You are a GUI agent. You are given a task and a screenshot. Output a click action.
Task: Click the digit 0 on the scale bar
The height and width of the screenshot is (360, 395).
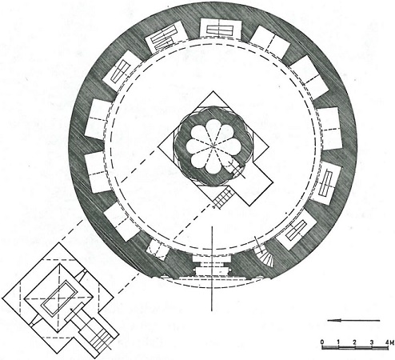click(x=322, y=342)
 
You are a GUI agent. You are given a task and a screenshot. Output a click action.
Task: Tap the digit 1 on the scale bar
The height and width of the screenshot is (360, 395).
click(x=338, y=342)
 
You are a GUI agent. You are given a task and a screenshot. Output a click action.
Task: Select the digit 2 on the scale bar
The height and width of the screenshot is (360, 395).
click(x=354, y=342)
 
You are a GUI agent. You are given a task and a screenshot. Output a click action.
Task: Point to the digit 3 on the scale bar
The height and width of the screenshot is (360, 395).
click(x=371, y=342)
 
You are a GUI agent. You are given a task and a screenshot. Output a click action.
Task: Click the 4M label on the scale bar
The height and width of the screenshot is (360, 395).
click(x=389, y=342)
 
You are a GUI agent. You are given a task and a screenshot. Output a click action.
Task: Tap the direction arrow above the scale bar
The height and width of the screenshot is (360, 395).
click(x=353, y=320)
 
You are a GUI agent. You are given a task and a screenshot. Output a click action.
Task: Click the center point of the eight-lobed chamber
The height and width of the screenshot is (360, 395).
click(x=213, y=146)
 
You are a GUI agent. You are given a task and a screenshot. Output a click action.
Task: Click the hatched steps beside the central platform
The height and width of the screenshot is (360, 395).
click(x=223, y=198)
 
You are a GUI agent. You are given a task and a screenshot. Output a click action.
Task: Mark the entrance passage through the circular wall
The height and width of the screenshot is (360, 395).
click(x=212, y=266)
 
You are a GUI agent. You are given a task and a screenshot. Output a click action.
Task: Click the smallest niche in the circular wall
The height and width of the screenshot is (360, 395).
click(x=158, y=250)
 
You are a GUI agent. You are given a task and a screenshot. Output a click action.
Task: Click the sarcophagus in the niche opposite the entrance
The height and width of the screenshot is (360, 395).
click(x=220, y=29)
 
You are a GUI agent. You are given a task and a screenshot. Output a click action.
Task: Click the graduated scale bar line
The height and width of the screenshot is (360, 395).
click(x=355, y=347)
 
